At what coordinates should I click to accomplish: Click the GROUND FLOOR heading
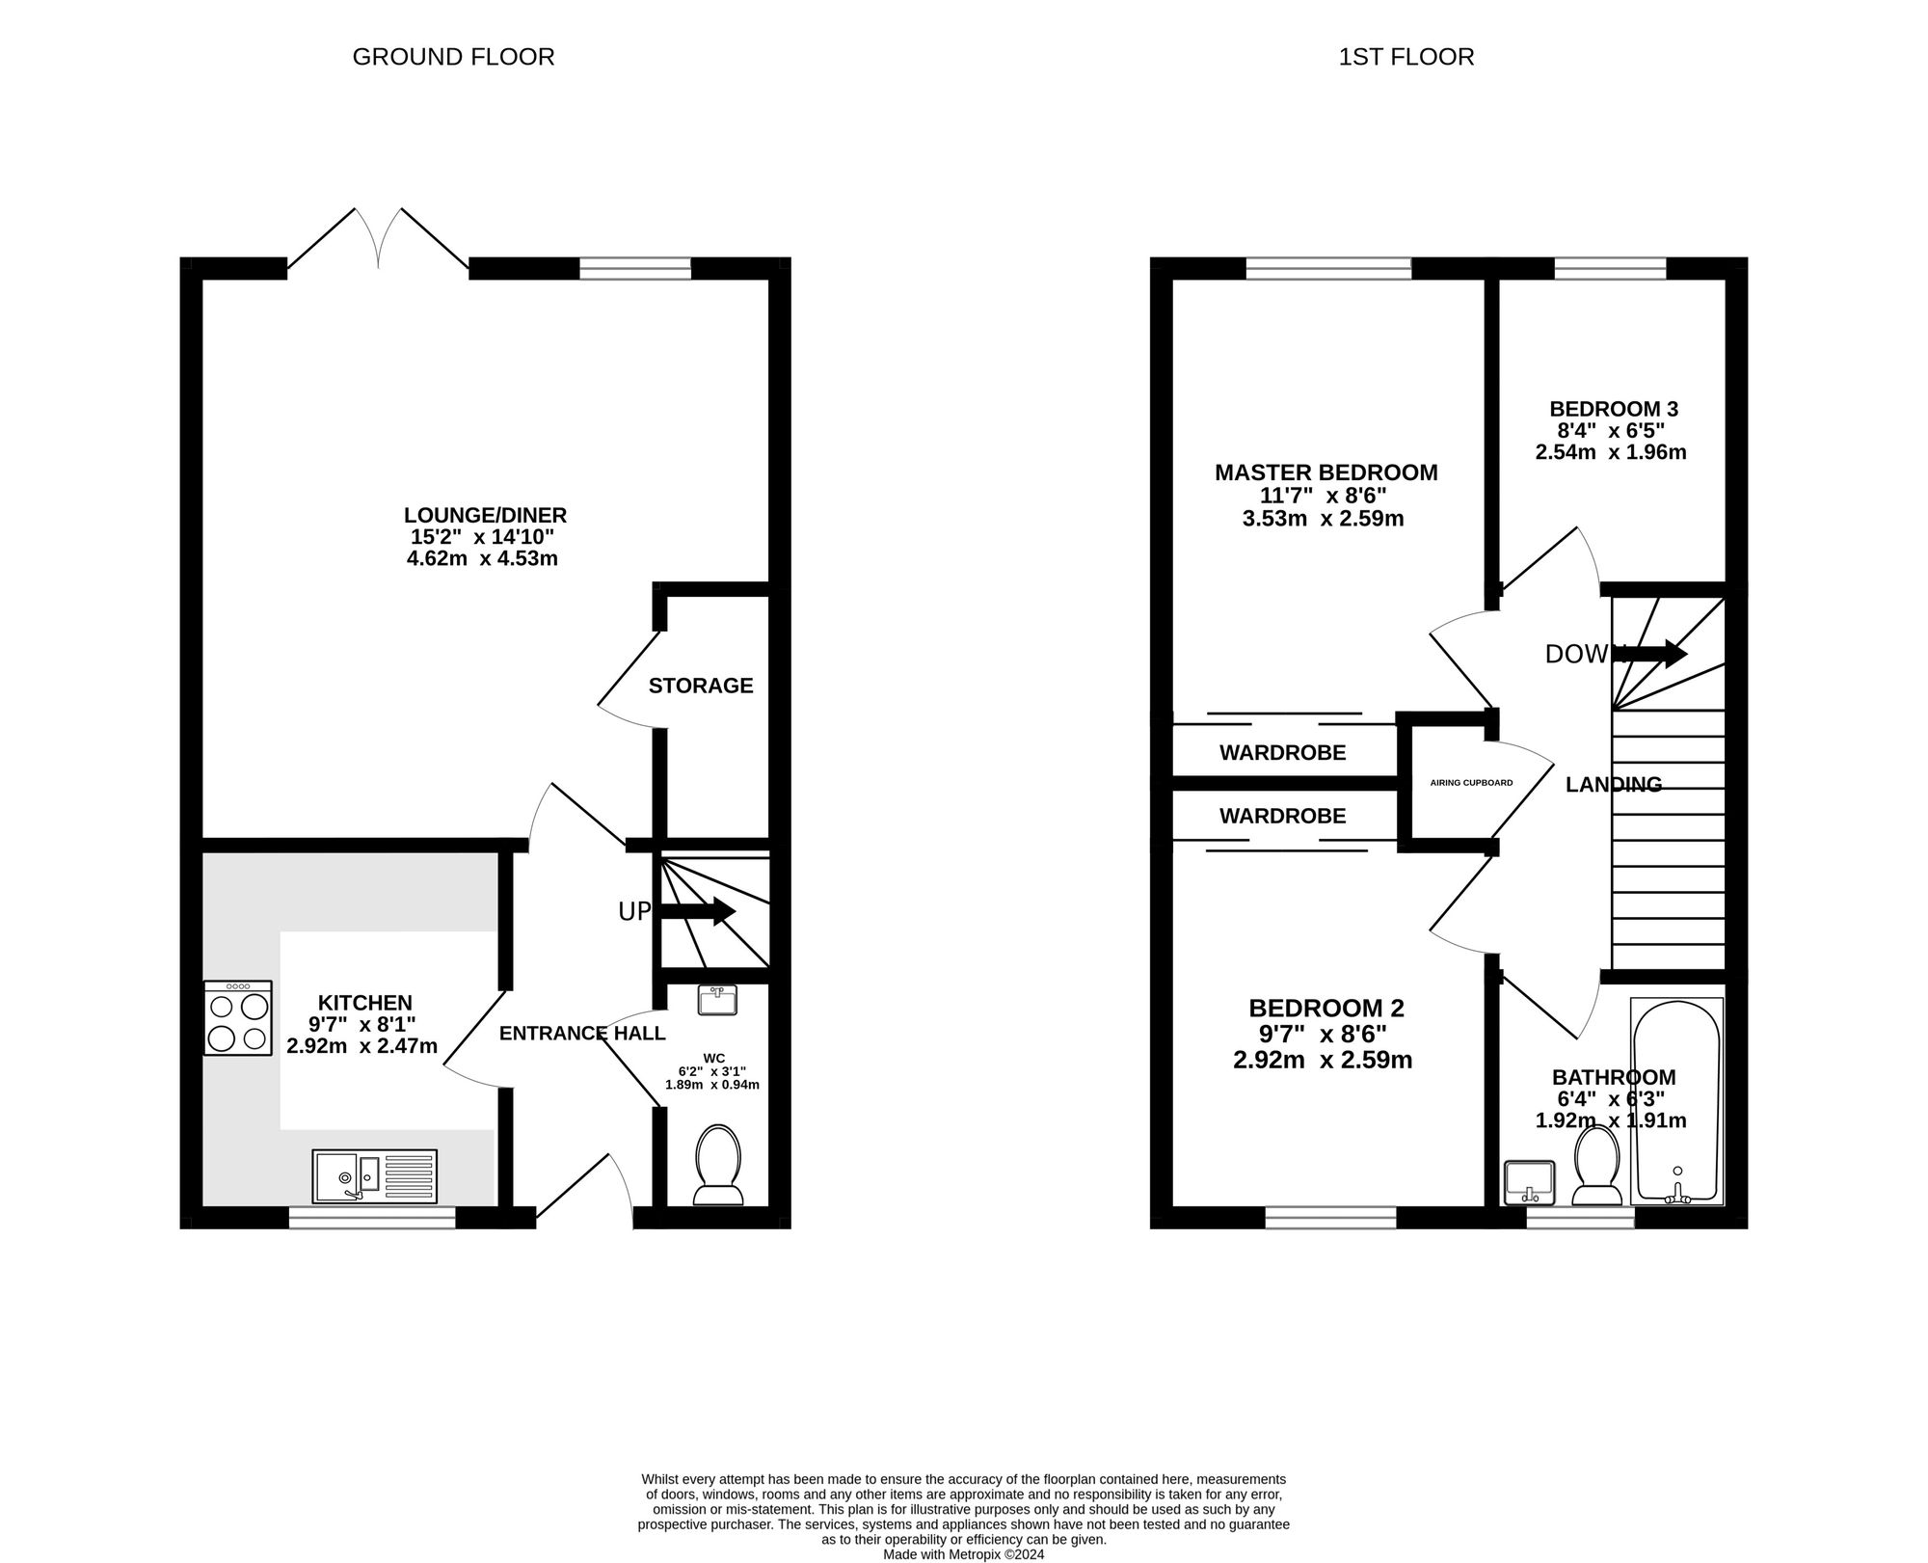[453, 57]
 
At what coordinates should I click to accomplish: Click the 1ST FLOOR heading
[1406, 57]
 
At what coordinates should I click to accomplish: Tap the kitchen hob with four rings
[238, 1018]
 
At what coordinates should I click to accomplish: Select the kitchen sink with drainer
[375, 1175]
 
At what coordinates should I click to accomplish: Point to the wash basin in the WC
[717, 1000]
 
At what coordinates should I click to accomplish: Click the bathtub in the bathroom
[1677, 1101]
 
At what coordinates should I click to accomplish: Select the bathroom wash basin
[1529, 1183]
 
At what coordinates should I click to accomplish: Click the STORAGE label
[701, 686]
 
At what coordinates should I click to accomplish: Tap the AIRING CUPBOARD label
[1471, 783]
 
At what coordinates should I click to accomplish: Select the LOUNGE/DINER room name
[485, 515]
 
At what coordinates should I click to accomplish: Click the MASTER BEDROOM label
[1326, 472]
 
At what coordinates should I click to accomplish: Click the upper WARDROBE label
[1283, 752]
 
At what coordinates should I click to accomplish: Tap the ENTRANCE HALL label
[582, 1034]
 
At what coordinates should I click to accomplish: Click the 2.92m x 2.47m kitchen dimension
[362, 1046]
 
